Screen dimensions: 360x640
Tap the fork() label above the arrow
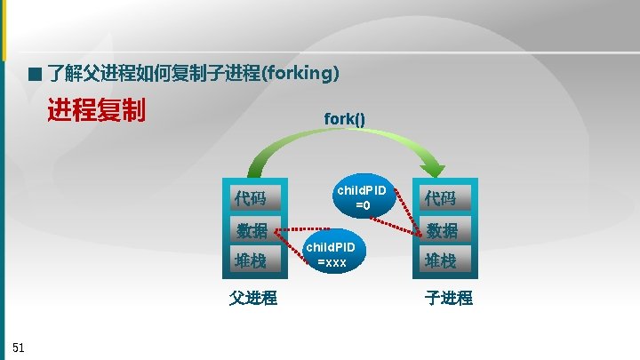pyautogui.click(x=344, y=118)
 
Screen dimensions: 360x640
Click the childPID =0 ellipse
pyautogui.click(x=362, y=197)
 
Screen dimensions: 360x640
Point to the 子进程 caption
pyautogui.click(x=448, y=298)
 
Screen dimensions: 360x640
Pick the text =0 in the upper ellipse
pyautogui.click(x=363, y=206)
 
